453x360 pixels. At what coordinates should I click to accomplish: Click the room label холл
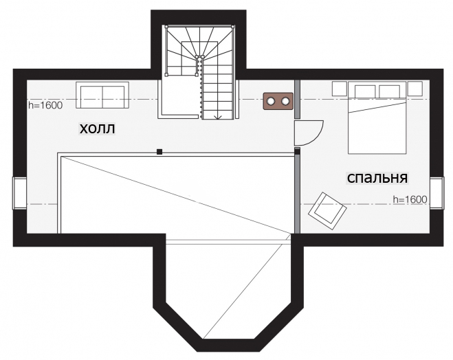(x=97, y=128)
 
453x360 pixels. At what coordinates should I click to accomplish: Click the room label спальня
(x=377, y=178)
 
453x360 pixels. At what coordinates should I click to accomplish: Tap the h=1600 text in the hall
(x=45, y=105)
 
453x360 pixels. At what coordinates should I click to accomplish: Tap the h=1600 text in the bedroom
(x=410, y=199)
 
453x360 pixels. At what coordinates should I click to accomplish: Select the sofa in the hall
(x=102, y=95)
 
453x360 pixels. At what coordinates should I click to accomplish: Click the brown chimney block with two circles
(x=278, y=101)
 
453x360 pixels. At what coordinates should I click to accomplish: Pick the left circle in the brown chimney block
(x=271, y=101)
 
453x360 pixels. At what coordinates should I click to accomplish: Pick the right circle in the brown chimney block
(x=285, y=101)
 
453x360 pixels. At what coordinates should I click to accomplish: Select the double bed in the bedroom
(x=377, y=117)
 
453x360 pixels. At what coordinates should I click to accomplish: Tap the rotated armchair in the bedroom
(x=328, y=212)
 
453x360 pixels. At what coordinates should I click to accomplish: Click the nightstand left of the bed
(x=340, y=89)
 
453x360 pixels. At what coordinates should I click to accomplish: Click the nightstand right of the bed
(x=415, y=89)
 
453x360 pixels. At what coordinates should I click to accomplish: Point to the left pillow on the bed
(x=365, y=91)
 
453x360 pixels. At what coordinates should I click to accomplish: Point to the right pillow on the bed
(x=390, y=91)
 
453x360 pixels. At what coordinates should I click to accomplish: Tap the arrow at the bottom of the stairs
(x=217, y=117)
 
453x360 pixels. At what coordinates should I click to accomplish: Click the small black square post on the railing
(x=159, y=152)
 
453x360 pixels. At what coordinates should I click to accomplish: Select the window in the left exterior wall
(x=19, y=193)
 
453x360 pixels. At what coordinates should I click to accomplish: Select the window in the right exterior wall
(x=437, y=193)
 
